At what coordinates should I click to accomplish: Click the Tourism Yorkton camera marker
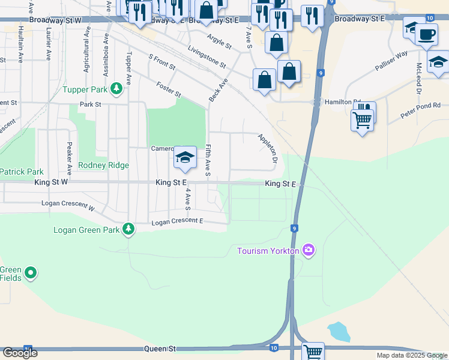point(309,250)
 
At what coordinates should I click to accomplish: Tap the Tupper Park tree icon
point(116,90)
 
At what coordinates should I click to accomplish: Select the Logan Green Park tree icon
point(128,229)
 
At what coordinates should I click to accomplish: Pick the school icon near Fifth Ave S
point(185,157)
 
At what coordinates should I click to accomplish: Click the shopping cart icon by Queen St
point(313,351)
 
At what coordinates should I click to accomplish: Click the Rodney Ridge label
point(104,166)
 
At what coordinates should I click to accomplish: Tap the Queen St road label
point(159,349)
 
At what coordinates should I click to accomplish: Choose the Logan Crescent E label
point(177,222)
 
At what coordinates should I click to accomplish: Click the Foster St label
point(168,90)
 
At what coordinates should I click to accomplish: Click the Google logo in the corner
point(20,353)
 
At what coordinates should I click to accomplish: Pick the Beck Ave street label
point(218,89)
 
